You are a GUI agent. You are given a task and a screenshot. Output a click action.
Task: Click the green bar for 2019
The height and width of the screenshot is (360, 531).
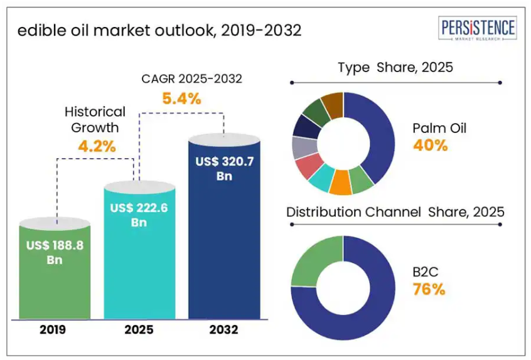(x=55, y=282)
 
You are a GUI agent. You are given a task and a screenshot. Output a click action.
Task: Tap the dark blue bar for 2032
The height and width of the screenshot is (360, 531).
(x=223, y=251)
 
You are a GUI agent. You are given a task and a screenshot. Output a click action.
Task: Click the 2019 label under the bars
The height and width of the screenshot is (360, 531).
(x=55, y=330)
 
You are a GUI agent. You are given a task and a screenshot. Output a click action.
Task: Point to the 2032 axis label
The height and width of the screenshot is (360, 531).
(x=223, y=330)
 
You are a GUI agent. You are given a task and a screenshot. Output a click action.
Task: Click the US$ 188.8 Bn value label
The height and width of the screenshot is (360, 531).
(x=55, y=252)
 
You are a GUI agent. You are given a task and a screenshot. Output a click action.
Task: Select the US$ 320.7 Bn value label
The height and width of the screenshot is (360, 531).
(x=223, y=168)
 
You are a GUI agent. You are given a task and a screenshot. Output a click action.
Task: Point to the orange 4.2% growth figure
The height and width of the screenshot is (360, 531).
(x=96, y=147)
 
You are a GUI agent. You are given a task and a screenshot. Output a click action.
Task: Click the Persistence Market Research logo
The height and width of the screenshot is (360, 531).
(x=478, y=29)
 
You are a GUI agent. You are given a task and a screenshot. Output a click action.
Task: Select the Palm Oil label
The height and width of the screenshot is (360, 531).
(x=439, y=129)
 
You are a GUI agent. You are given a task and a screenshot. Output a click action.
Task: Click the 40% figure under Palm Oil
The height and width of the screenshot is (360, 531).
(x=430, y=146)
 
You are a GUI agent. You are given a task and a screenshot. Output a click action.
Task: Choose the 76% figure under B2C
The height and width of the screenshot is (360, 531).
(x=429, y=289)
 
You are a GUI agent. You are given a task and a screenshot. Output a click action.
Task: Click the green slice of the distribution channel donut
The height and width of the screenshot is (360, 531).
(x=313, y=260)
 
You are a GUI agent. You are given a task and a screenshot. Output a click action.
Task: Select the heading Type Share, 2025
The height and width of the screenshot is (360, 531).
(x=395, y=67)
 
